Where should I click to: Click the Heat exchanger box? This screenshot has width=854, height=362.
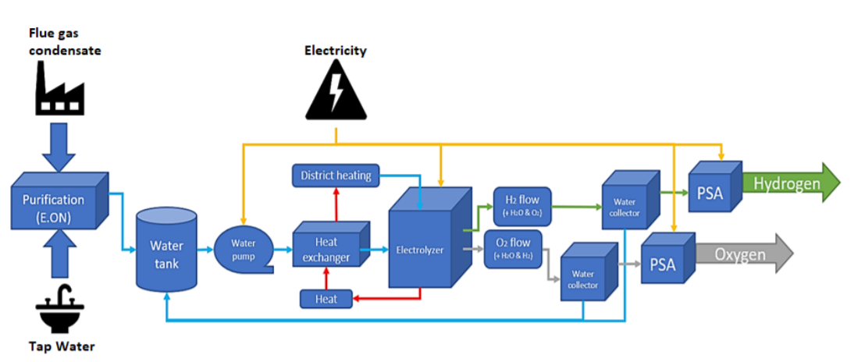tap(326, 249)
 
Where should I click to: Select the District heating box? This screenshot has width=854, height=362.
tap(336, 176)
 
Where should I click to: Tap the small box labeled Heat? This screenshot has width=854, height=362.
tap(326, 299)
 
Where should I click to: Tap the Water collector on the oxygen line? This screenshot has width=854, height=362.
tap(587, 275)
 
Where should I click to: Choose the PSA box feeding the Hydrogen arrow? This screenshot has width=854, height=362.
tap(713, 190)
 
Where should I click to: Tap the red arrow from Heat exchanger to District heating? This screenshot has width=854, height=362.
tap(336, 204)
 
